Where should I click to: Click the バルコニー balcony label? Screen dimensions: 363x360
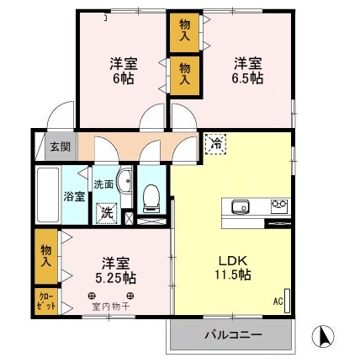tap(232, 335)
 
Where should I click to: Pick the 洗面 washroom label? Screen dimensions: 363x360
tap(103, 184)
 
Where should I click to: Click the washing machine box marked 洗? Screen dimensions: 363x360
tap(106, 214)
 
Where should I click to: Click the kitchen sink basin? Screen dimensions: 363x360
tap(238, 206)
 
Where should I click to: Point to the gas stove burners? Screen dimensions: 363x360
tap(278, 206)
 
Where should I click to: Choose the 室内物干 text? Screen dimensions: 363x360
tap(111, 306)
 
